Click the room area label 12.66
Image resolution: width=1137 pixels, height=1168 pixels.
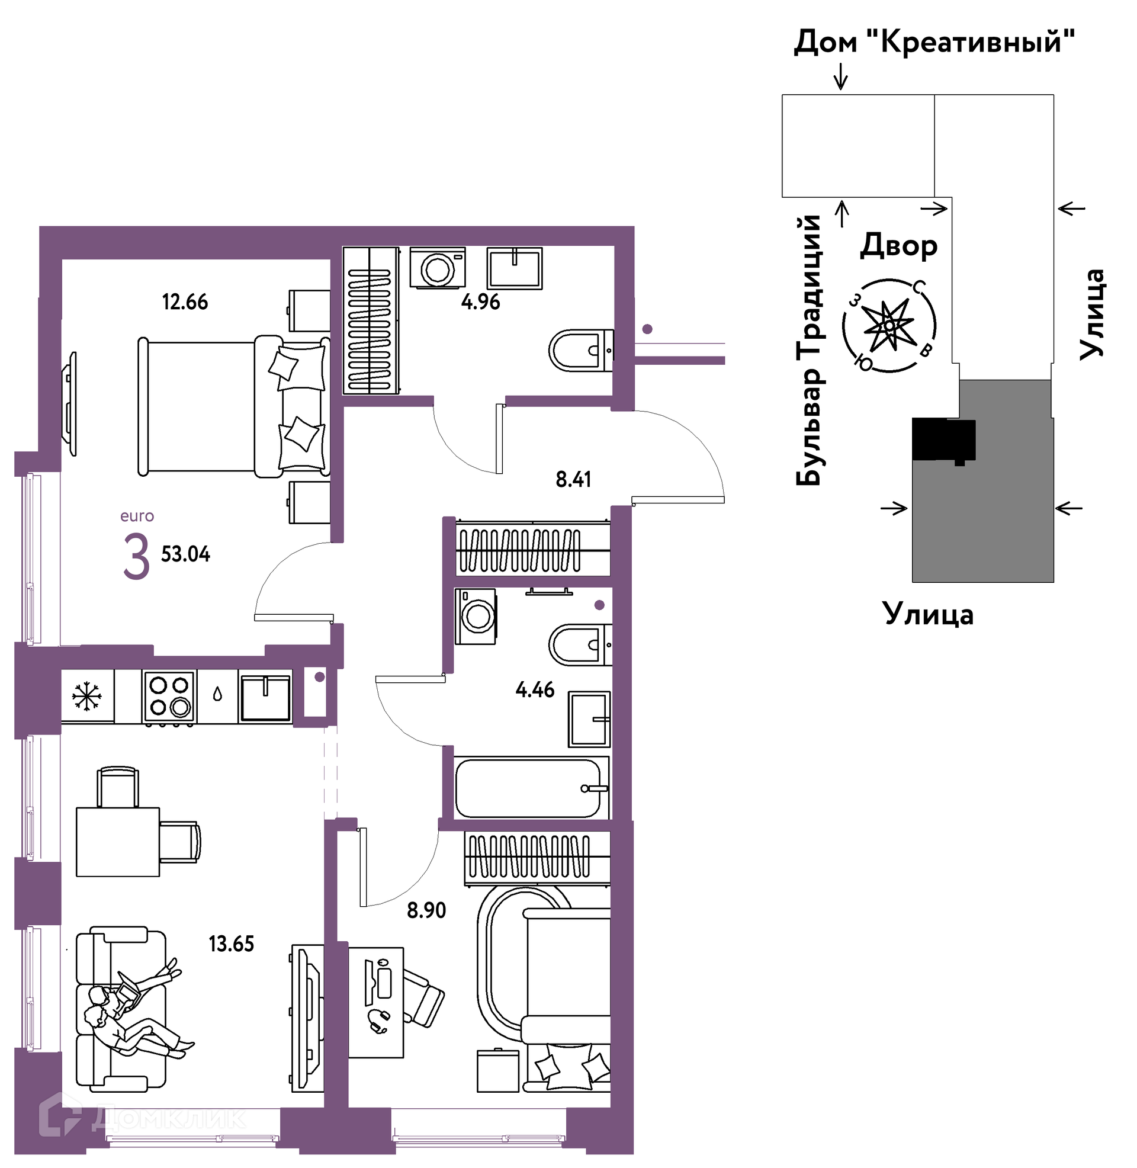(185, 302)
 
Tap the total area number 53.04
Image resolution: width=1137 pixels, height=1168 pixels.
(186, 554)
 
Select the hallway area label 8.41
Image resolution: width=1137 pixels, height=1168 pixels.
(573, 480)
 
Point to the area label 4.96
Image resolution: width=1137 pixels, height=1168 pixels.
(481, 302)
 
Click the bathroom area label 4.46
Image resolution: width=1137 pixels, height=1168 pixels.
(535, 690)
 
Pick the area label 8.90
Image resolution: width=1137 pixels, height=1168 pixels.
(426, 910)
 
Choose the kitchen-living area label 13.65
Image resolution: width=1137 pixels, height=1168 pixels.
(231, 944)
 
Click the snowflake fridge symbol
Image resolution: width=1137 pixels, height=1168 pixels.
(87, 697)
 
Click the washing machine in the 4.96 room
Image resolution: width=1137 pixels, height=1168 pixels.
(438, 269)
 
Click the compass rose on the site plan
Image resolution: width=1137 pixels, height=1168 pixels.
(889, 325)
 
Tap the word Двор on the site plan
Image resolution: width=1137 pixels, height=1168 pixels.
(899, 245)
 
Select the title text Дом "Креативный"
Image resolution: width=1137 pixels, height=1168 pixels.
(934, 42)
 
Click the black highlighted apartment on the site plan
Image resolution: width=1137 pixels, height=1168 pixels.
(943, 440)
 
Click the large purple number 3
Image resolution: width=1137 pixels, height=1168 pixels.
(136, 557)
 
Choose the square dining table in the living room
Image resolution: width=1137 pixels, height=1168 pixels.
(118, 842)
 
